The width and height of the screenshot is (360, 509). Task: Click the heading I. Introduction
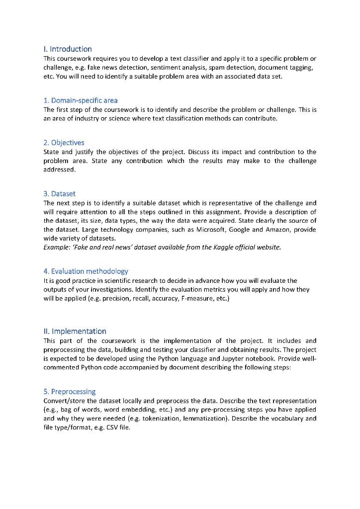[68, 49]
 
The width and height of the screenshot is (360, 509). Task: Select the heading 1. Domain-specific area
[81, 100]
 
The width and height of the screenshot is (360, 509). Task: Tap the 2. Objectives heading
[64, 143]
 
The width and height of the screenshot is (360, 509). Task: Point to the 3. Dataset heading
[60, 194]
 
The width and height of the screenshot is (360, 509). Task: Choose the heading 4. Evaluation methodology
[86, 271]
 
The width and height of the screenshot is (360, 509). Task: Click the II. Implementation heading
[75, 331]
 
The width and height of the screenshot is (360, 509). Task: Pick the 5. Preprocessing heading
[70, 391]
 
